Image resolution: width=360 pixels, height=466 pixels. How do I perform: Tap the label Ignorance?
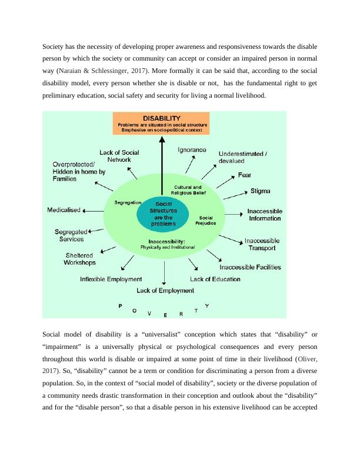click(x=192, y=150)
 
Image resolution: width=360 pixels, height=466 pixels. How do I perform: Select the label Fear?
click(x=245, y=175)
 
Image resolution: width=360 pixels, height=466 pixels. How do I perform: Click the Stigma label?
click(x=261, y=191)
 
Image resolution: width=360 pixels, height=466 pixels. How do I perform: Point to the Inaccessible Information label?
click(x=264, y=215)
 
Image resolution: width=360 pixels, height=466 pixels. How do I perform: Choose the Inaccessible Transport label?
click(x=262, y=244)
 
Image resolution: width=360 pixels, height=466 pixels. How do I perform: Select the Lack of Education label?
click(x=215, y=279)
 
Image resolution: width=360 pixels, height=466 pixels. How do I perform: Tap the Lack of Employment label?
click(x=165, y=291)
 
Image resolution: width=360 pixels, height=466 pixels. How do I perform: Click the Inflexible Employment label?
click(x=111, y=279)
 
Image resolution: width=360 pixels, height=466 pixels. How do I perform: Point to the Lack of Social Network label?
click(x=119, y=156)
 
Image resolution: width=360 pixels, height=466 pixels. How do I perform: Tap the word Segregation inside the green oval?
click(x=129, y=202)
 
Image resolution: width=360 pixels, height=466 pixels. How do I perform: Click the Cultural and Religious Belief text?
click(x=188, y=189)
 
